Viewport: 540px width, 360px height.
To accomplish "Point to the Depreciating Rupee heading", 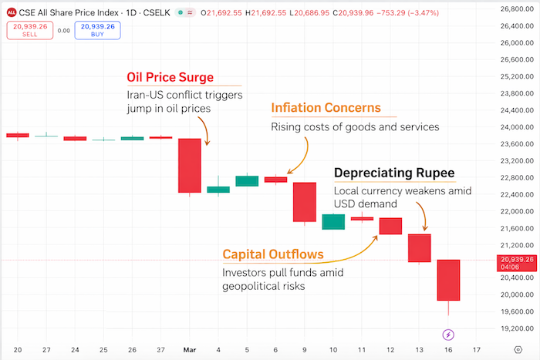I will tap(393, 173).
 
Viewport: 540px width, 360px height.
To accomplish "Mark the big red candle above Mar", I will tap(189, 165).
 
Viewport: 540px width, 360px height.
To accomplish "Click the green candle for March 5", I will tap(247, 181).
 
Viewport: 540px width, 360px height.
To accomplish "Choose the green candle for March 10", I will tap(333, 222).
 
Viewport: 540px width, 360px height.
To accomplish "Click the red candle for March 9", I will tap(305, 202).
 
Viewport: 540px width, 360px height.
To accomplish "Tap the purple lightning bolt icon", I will tap(449, 335).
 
